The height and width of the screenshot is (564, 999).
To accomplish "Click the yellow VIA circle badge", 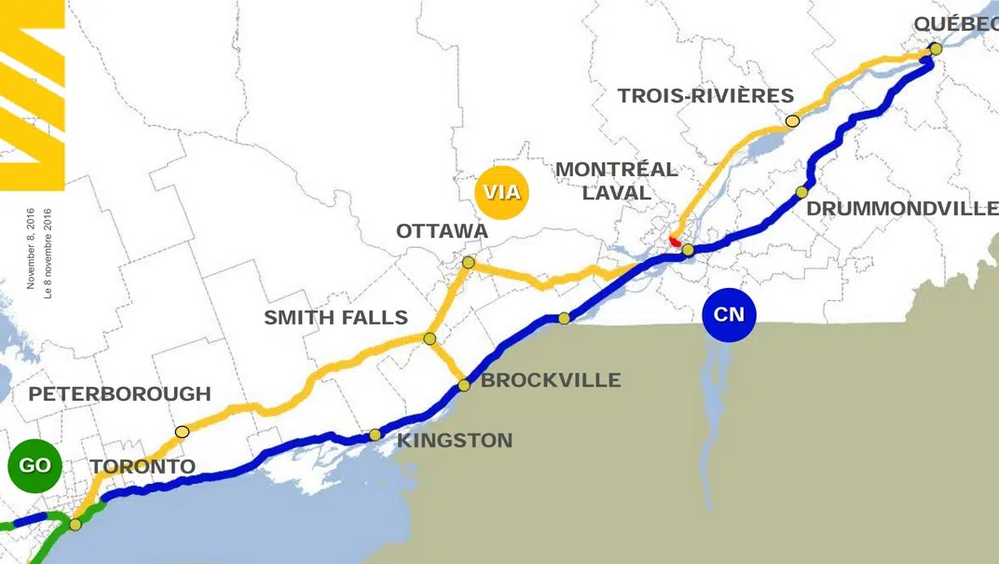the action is click(500, 194).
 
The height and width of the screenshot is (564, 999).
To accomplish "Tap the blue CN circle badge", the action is click(729, 314).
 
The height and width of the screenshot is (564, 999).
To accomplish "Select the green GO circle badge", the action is click(34, 465).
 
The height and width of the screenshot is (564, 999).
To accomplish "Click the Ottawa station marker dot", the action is click(468, 263).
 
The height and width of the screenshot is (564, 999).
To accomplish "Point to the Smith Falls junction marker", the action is click(430, 338).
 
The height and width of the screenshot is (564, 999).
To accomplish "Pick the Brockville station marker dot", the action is click(463, 385).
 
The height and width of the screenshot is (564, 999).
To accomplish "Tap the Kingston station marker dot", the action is click(375, 434).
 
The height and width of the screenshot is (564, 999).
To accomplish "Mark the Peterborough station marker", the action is click(182, 432).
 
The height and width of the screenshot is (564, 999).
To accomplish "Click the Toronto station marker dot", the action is click(75, 524).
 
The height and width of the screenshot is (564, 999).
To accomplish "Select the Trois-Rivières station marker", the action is click(792, 120).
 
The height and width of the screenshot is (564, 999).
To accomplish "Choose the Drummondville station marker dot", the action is click(801, 192).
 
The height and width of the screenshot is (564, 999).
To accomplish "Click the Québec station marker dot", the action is click(936, 48).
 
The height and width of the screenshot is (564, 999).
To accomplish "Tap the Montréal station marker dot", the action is click(688, 250).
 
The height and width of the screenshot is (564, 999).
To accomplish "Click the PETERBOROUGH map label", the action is click(119, 394).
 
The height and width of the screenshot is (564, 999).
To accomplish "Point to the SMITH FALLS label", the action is click(335, 318).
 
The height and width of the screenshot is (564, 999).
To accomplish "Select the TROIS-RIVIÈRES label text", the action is click(705, 95).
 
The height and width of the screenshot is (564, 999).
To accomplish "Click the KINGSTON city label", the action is click(455, 440).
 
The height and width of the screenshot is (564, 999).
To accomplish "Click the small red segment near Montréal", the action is click(675, 241).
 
